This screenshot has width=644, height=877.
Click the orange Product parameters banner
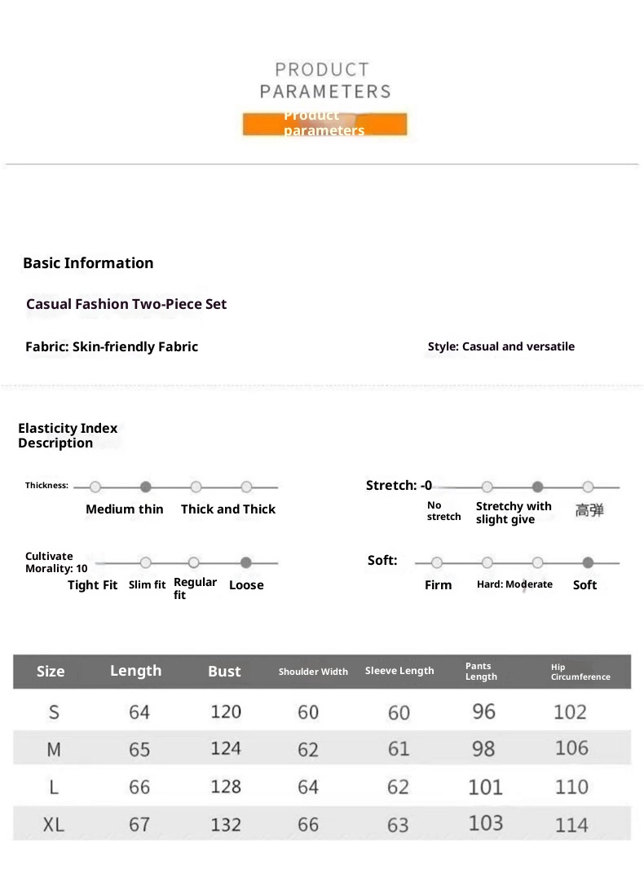coord(324,124)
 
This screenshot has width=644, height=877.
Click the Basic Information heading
coord(88,263)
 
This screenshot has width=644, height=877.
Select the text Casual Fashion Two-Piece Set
coord(126,304)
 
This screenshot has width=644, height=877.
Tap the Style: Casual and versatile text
coord(501,346)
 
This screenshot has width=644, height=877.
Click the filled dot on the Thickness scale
coord(146,487)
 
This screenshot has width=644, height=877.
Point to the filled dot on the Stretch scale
coord(537,487)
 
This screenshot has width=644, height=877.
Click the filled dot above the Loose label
coord(245,562)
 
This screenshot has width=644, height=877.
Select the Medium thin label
coord(124,509)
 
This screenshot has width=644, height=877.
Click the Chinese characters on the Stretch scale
coord(589,510)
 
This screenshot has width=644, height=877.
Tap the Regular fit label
coord(195,588)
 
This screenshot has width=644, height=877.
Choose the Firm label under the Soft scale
coord(438,585)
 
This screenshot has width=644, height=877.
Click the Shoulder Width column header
coord(313,672)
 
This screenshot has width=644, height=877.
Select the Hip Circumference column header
coord(580,672)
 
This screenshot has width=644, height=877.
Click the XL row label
coord(54,824)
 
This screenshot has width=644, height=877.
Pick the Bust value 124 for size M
coord(226,748)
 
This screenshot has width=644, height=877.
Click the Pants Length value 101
coord(485,787)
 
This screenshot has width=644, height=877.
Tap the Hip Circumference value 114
coord(571,825)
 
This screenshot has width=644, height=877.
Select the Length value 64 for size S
coord(139,712)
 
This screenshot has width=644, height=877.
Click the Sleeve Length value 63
coord(398,825)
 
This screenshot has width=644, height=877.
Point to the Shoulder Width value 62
coord(308,749)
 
